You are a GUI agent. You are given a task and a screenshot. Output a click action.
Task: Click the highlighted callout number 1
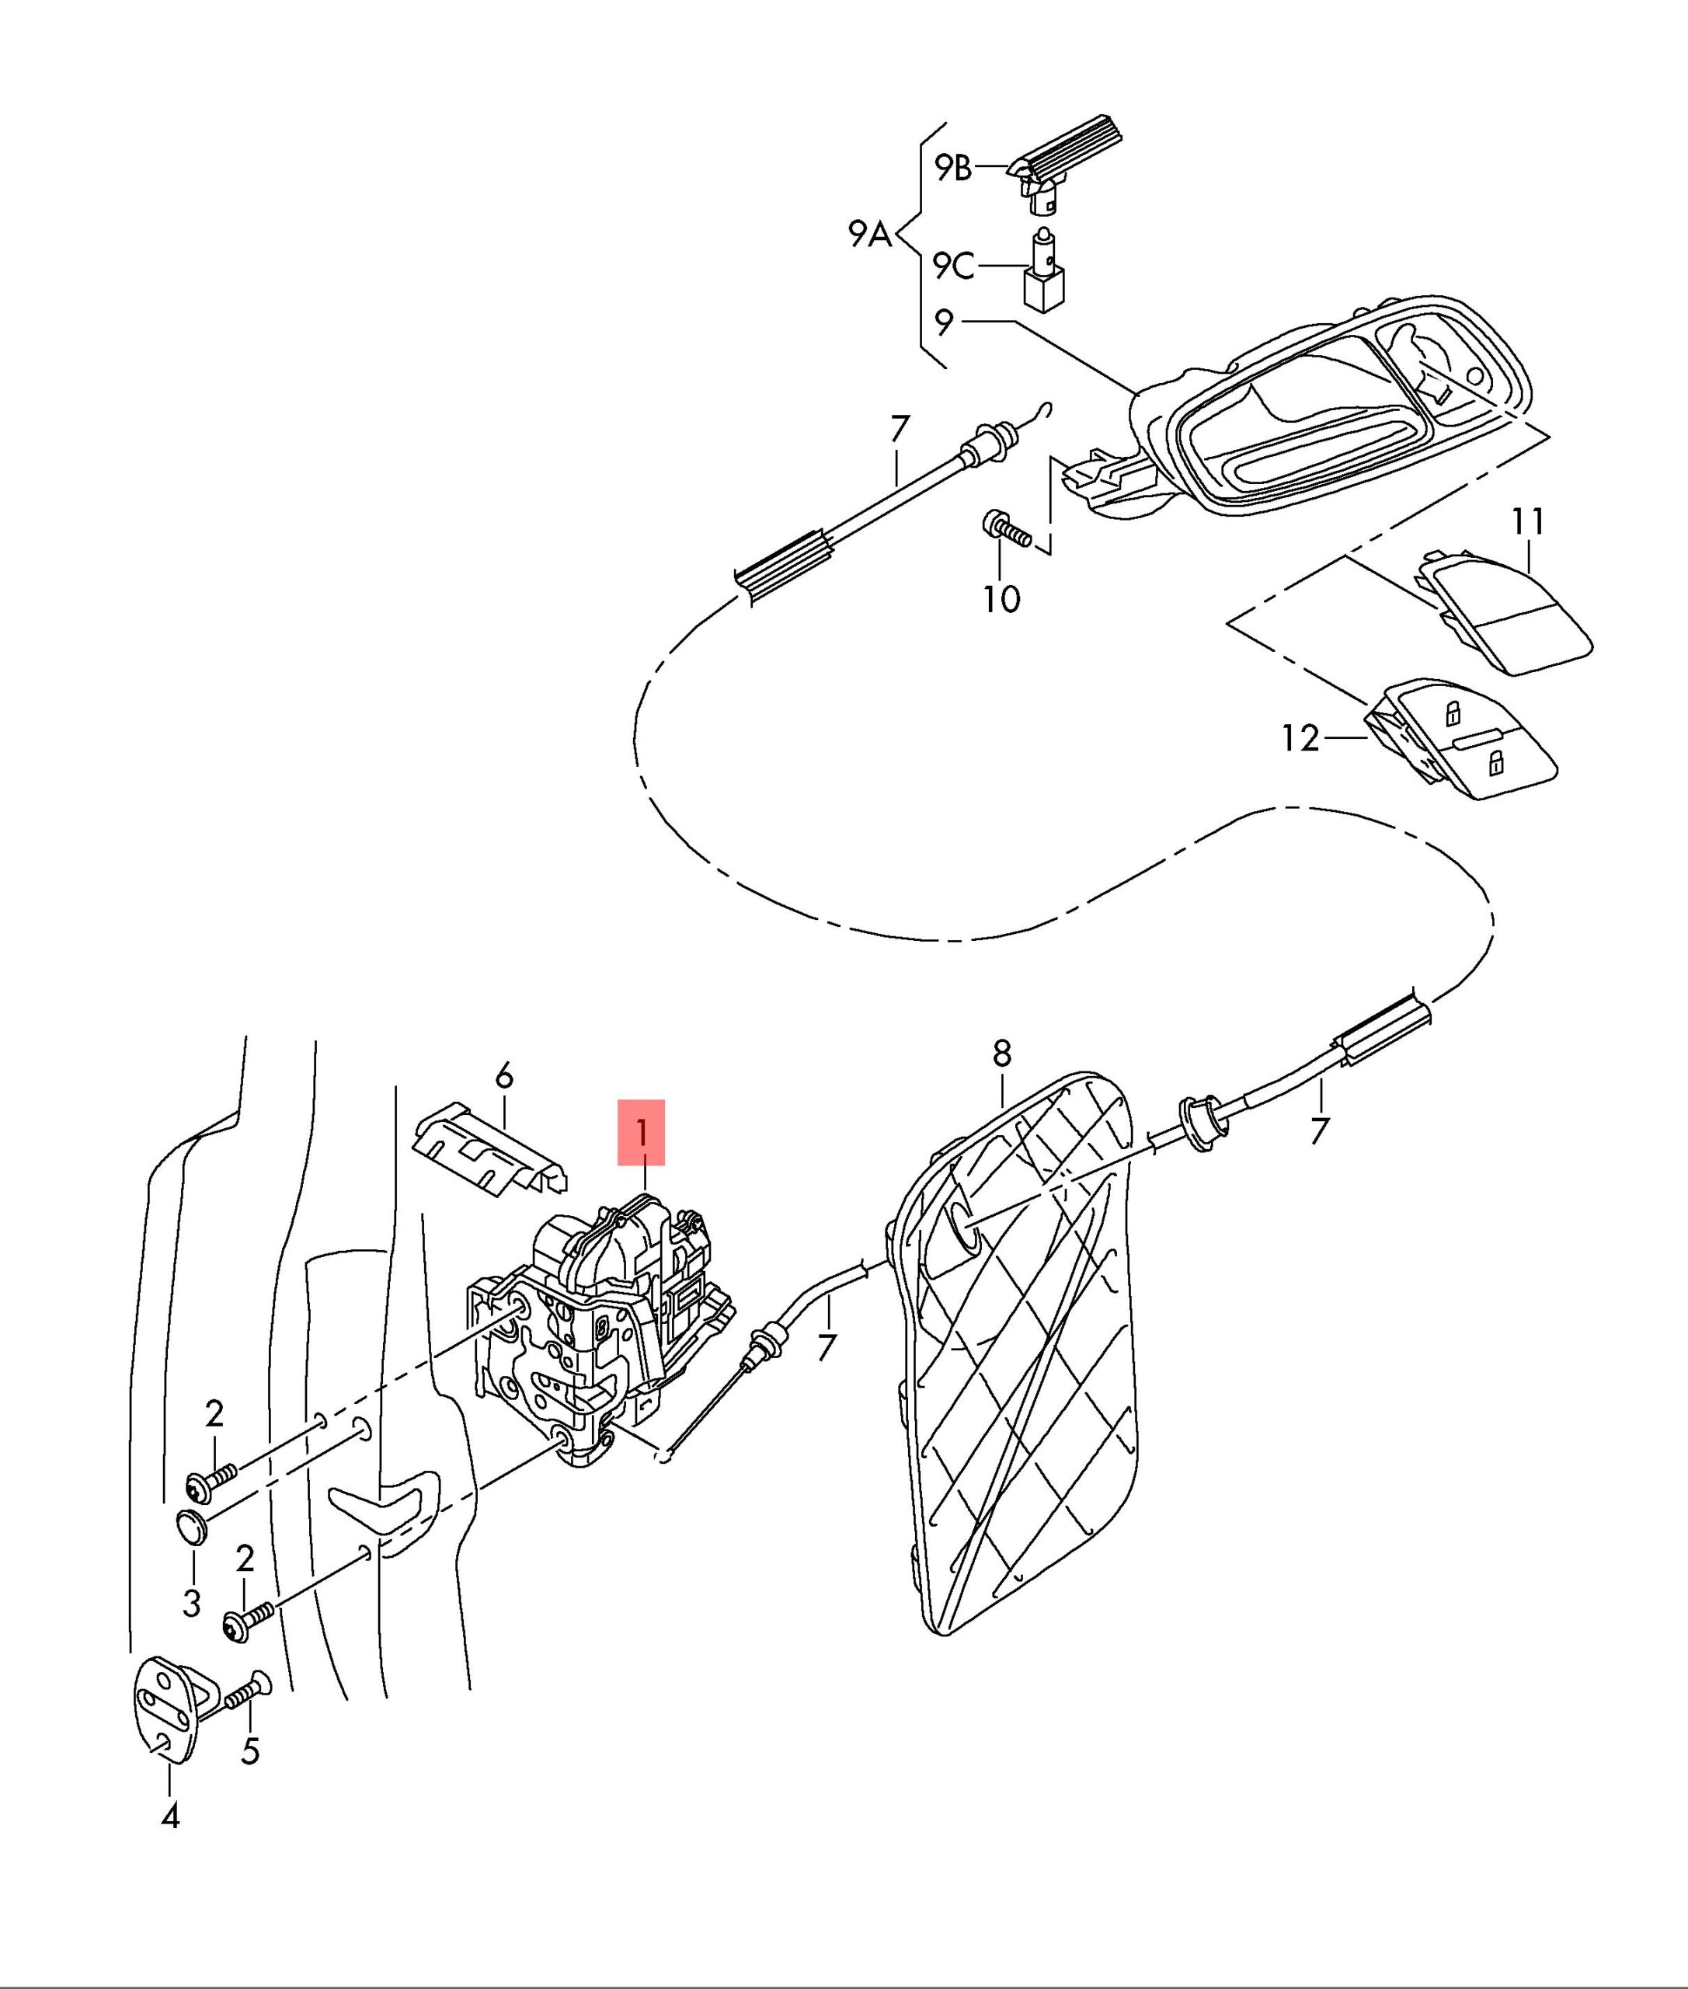[x=641, y=1132]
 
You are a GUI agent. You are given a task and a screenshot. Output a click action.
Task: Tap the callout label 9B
[x=952, y=169]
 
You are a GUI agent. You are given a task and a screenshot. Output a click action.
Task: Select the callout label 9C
[x=953, y=265]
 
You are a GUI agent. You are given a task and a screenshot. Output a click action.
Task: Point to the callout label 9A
[x=870, y=234]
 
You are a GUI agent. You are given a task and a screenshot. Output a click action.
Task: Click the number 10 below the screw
[x=1002, y=599]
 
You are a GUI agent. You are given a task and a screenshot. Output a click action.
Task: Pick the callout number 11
[x=1528, y=521]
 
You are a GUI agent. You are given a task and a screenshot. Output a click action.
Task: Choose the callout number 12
[x=1300, y=738]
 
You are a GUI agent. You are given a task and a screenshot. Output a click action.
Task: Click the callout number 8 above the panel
[x=1002, y=1054]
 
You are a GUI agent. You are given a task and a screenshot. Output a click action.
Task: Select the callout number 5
[x=250, y=1750]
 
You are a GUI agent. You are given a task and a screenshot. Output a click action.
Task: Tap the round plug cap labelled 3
[x=193, y=1527]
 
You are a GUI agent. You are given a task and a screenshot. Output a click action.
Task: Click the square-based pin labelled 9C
[x=1046, y=277]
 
